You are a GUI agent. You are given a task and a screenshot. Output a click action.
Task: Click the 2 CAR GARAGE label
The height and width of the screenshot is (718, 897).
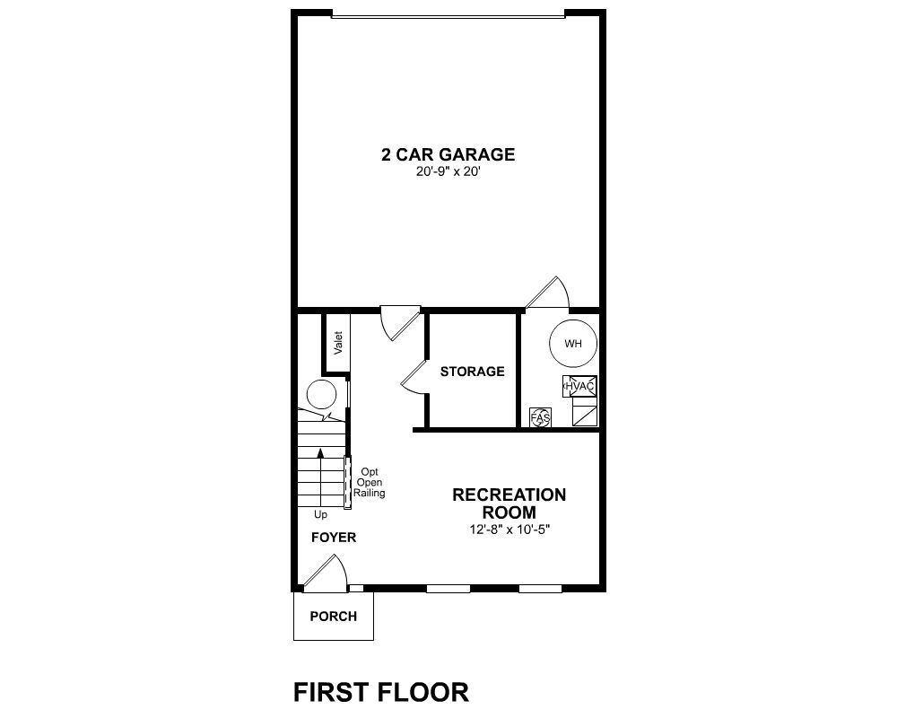[x=448, y=154]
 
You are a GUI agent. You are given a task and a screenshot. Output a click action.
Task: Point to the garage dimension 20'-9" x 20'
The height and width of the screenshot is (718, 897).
[x=448, y=171]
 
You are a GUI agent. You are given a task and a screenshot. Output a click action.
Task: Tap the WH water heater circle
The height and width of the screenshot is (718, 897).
[x=572, y=344]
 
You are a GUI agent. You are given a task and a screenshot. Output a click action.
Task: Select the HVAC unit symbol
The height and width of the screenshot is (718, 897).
[x=580, y=387]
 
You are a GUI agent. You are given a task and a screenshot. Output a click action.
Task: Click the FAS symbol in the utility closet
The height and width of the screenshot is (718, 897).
[x=541, y=418]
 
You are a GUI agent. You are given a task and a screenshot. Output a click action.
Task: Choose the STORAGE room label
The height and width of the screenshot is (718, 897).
[x=473, y=372]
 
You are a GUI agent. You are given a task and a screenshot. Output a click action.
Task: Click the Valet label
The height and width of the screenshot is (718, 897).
[x=338, y=343]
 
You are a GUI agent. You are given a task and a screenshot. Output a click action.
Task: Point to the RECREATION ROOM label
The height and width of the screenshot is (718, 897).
[x=509, y=503]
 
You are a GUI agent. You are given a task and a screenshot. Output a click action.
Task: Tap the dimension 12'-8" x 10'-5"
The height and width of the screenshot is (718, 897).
[x=509, y=530]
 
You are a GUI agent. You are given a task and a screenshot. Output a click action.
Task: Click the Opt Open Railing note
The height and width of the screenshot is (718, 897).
[x=369, y=483]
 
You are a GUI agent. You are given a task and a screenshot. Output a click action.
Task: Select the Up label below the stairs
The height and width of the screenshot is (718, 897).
[x=320, y=515]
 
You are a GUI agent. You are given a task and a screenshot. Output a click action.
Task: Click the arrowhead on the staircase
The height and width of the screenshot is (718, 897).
[x=320, y=453]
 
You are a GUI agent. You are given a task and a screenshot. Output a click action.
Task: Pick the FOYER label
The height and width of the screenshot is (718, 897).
[x=334, y=538]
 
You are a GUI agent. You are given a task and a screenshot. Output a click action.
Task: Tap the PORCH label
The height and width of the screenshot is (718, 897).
[x=334, y=617]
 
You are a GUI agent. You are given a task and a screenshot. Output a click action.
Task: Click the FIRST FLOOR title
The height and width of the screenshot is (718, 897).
[x=381, y=692]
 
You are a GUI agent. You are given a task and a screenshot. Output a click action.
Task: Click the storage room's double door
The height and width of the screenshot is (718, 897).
[x=413, y=377]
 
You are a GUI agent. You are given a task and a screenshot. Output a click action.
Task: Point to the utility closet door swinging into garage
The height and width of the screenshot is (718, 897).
[x=548, y=292]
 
